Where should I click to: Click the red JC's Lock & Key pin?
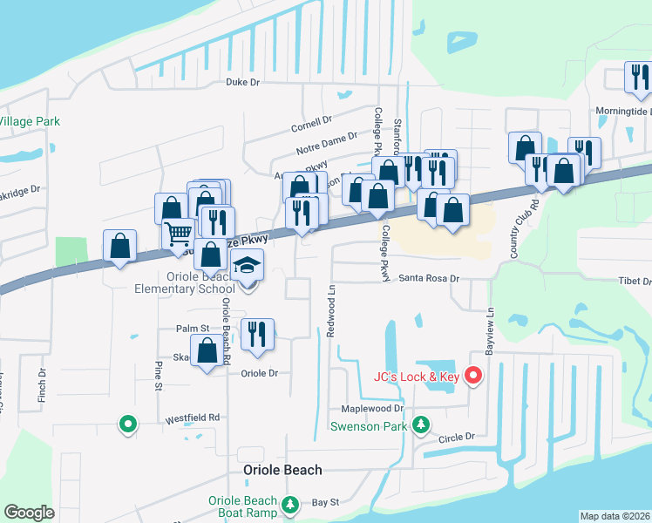pyautogui.click(x=473, y=376)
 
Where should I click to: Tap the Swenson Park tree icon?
pyautogui.click(x=421, y=425)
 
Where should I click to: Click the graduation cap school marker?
pyautogui.click(x=248, y=266)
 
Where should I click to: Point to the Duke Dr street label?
pyautogui.click(x=243, y=83)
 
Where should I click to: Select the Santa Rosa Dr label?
pyautogui.click(x=429, y=279)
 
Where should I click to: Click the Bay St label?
pyautogui.click(x=324, y=503)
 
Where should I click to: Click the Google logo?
pyautogui.click(x=29, y=513)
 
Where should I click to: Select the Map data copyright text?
pyautogui.click(x=614, y=516)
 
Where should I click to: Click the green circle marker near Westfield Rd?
pyautogui.click(x=128, y=425)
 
